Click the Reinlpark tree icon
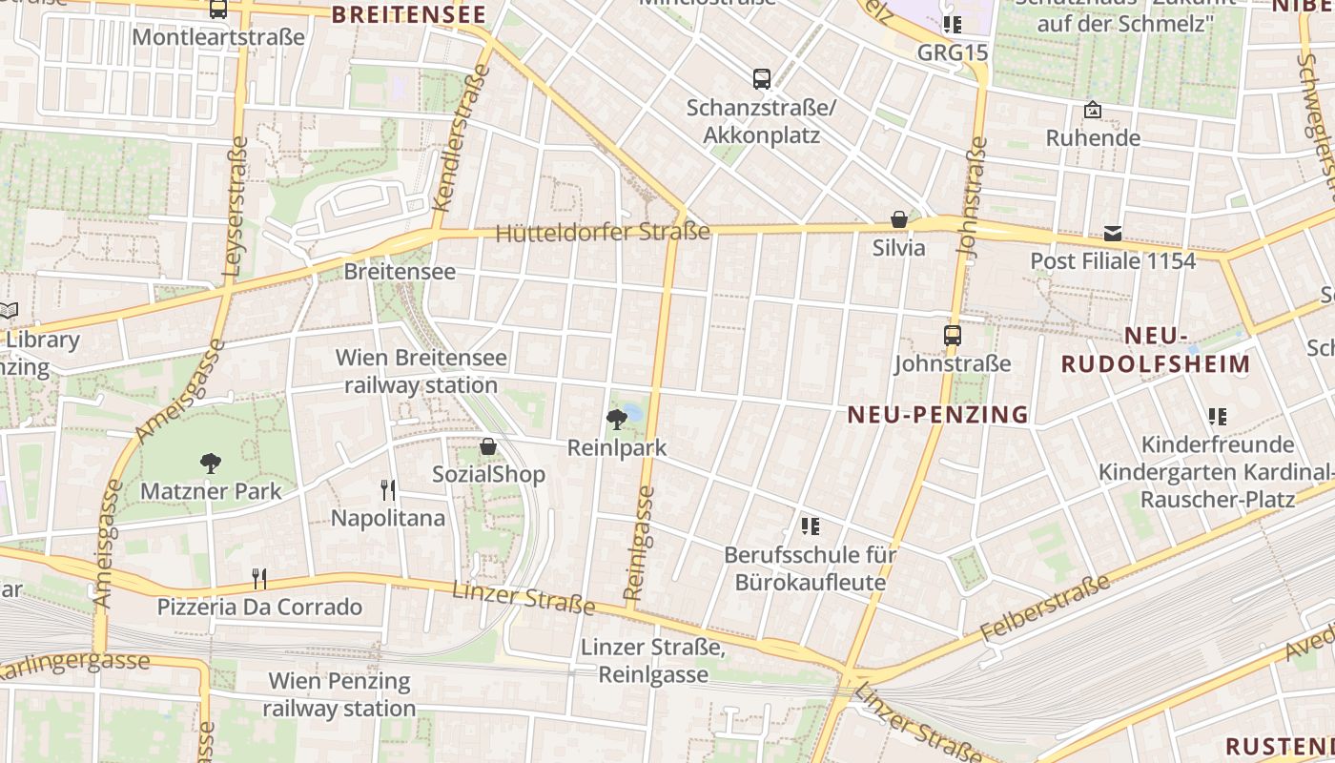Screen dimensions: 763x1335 point(617,418)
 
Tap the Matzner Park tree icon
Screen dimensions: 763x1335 point(211,464)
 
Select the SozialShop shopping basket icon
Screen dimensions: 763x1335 point(488,446)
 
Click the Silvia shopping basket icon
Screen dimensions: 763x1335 point(898,220)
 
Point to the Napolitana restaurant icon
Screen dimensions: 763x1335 point(388,490)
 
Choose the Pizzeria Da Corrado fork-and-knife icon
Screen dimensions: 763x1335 point(258,578)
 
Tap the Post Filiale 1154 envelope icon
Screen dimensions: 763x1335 point(1113,234)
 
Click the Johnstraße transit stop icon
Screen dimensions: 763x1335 point(952,336)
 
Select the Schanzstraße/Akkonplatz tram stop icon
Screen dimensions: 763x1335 point(761,79)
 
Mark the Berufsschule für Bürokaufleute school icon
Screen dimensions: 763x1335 point(811,526)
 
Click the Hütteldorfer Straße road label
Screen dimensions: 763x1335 point(603,232)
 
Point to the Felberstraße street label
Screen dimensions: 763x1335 point(1046,608)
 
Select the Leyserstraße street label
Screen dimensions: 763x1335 point(236,206)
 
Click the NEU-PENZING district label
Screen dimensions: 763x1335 point(938,414)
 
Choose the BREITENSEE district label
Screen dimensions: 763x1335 point(408,14)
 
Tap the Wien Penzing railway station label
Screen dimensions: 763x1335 point(339,694)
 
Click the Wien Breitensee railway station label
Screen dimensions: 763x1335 point(421,371)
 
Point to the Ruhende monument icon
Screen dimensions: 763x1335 point(1093,111)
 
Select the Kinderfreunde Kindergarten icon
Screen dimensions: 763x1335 point(1217,417)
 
